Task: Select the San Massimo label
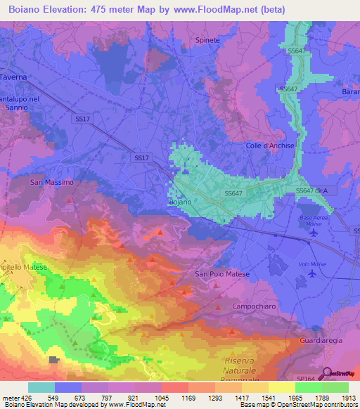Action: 51,182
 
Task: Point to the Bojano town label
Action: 180,202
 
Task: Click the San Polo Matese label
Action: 221,274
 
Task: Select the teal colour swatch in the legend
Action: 41,387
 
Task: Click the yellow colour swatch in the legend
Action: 281,387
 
